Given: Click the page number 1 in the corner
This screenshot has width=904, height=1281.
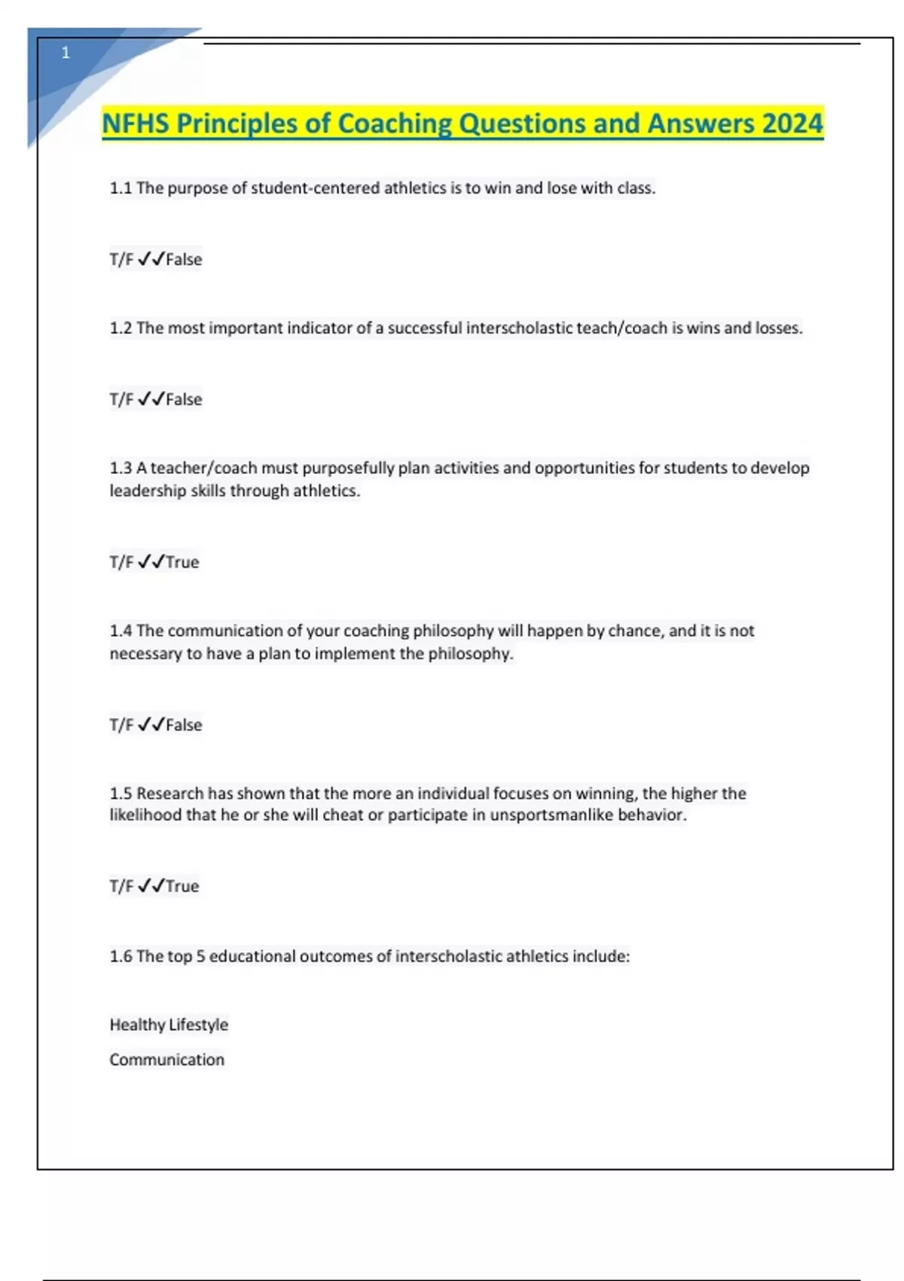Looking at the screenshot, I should click(x=66, y=53).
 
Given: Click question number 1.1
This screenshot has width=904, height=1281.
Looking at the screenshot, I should click(x=121, y=188).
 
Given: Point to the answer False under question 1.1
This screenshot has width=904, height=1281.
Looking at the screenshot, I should click(x=184, y=260).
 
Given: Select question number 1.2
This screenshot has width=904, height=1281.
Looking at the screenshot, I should click(x=121, y=329).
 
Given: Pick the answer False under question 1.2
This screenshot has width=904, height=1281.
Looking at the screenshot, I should click(x=184, y=399).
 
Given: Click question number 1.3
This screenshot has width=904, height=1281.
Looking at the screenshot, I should click(x=121, y=468).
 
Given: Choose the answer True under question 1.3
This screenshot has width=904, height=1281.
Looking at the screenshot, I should click(x=182, y=562).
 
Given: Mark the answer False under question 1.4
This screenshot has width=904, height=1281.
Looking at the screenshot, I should click(x=184, y=725).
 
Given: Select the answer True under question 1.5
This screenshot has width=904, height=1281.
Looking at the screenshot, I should click(x=182, y=886).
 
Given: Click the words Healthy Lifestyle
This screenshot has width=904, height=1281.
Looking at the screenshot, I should click(x=169, y=1025).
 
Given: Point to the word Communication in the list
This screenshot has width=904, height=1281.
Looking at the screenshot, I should click(x=167, y=1060).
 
